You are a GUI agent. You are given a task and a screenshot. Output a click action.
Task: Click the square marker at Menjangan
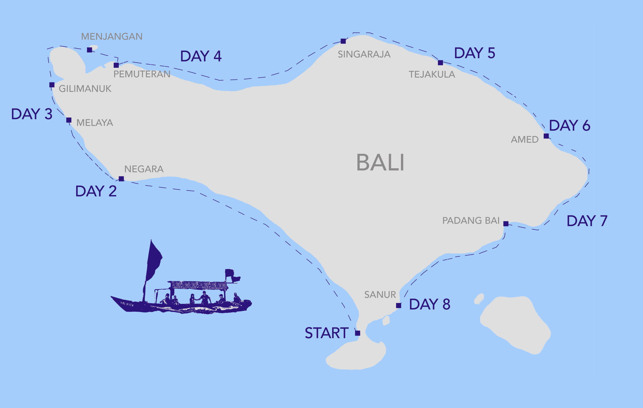tap(90, 50)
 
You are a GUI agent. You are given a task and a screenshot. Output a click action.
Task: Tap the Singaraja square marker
tap(343, 41)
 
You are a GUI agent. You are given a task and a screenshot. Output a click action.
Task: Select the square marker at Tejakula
tap(440, 63)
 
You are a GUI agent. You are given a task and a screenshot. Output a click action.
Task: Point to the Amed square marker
tap(546, 136)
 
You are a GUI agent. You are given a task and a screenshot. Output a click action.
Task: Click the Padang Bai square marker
tap(506, 224)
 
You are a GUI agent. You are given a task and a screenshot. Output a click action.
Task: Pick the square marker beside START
tap(358, 333)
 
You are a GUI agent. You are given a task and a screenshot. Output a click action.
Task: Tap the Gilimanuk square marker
tap(52, 85)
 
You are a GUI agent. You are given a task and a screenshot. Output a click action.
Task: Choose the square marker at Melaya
tap(69, 120)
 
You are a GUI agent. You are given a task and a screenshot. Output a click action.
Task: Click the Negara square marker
tap(121, 179)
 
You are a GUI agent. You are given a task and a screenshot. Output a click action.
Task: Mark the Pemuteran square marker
tap(116, 65)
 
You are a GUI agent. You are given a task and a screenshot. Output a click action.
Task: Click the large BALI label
tap(380, 162)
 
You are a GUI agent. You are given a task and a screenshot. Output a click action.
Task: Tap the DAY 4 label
tap(201, 56)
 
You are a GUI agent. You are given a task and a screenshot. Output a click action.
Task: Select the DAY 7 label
tap(587, 221)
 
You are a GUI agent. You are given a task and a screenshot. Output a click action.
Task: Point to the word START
tap(327, 333)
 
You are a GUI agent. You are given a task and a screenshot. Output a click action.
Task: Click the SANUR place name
tap(380, 295)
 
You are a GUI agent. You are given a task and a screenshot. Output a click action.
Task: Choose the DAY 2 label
tap(96, 191)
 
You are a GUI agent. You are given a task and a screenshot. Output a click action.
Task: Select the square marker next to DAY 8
tap(398, 305)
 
